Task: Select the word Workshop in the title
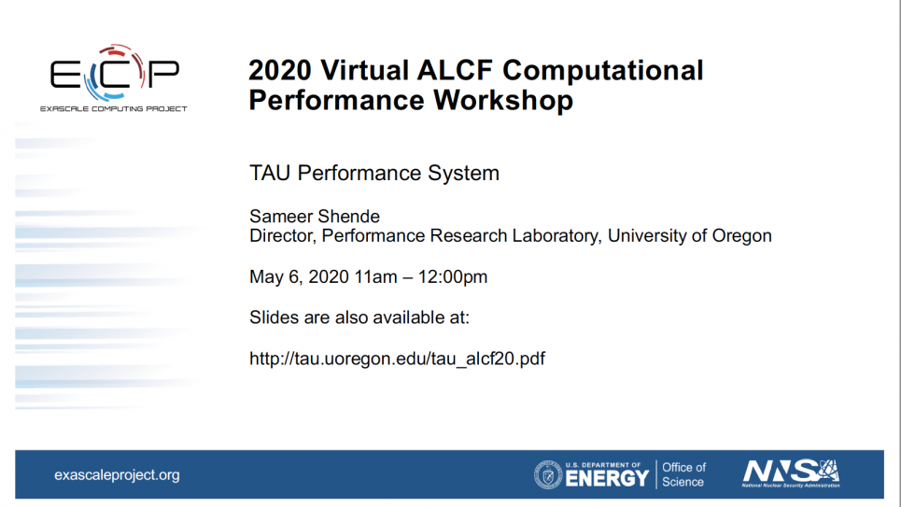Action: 503,100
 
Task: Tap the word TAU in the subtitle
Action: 270,173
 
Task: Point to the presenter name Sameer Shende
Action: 315,217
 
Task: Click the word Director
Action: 282,236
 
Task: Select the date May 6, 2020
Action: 299,277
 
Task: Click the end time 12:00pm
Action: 452,277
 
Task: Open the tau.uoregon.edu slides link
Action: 397,359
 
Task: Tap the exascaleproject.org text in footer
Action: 117,475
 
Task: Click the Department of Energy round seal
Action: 548,475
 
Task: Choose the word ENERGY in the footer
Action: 607,478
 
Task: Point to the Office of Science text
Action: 683,475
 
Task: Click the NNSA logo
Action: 791,473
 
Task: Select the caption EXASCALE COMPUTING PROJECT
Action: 114,108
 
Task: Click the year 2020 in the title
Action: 280,71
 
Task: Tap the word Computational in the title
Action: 603,71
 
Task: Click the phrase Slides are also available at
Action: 359,317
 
